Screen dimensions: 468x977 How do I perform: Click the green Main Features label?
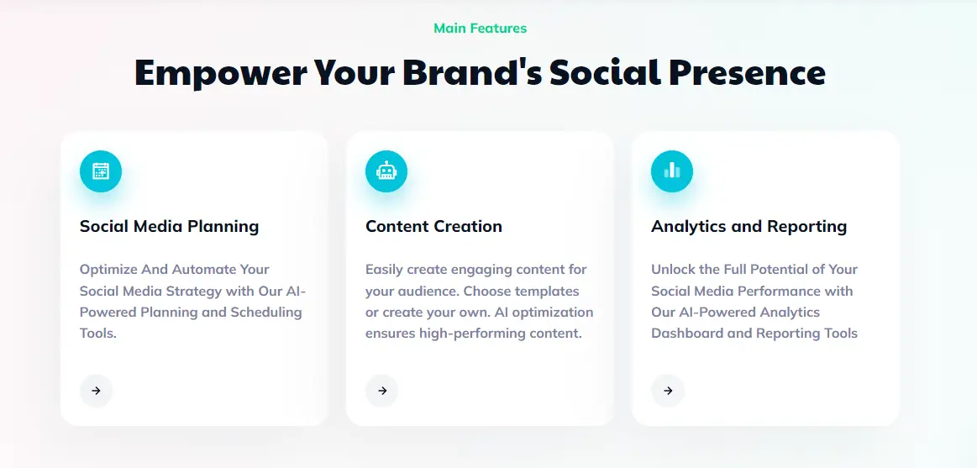coord(480,29)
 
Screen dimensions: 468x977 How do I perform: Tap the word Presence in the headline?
coord(747,73)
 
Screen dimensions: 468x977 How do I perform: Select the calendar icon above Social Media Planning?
coord(101,171)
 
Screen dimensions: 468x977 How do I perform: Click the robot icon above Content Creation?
coord(386,171)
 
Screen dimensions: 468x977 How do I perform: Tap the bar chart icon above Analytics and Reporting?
coord(672,171)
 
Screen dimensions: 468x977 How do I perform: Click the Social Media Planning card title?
coord(169,226)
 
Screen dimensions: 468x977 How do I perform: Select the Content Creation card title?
coord(433,226)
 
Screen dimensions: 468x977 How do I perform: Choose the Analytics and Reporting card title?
coord(749,226)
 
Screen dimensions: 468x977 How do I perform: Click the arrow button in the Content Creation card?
coord(382,391)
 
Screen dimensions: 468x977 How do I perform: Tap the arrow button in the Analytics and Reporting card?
coord(668,391)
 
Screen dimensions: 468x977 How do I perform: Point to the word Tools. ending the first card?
coord(97,334)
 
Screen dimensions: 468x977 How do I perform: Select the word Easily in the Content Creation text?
coord(386,270)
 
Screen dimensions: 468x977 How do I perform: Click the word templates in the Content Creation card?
coord(547,292)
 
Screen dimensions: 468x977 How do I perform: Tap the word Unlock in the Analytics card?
coord(674,270)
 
